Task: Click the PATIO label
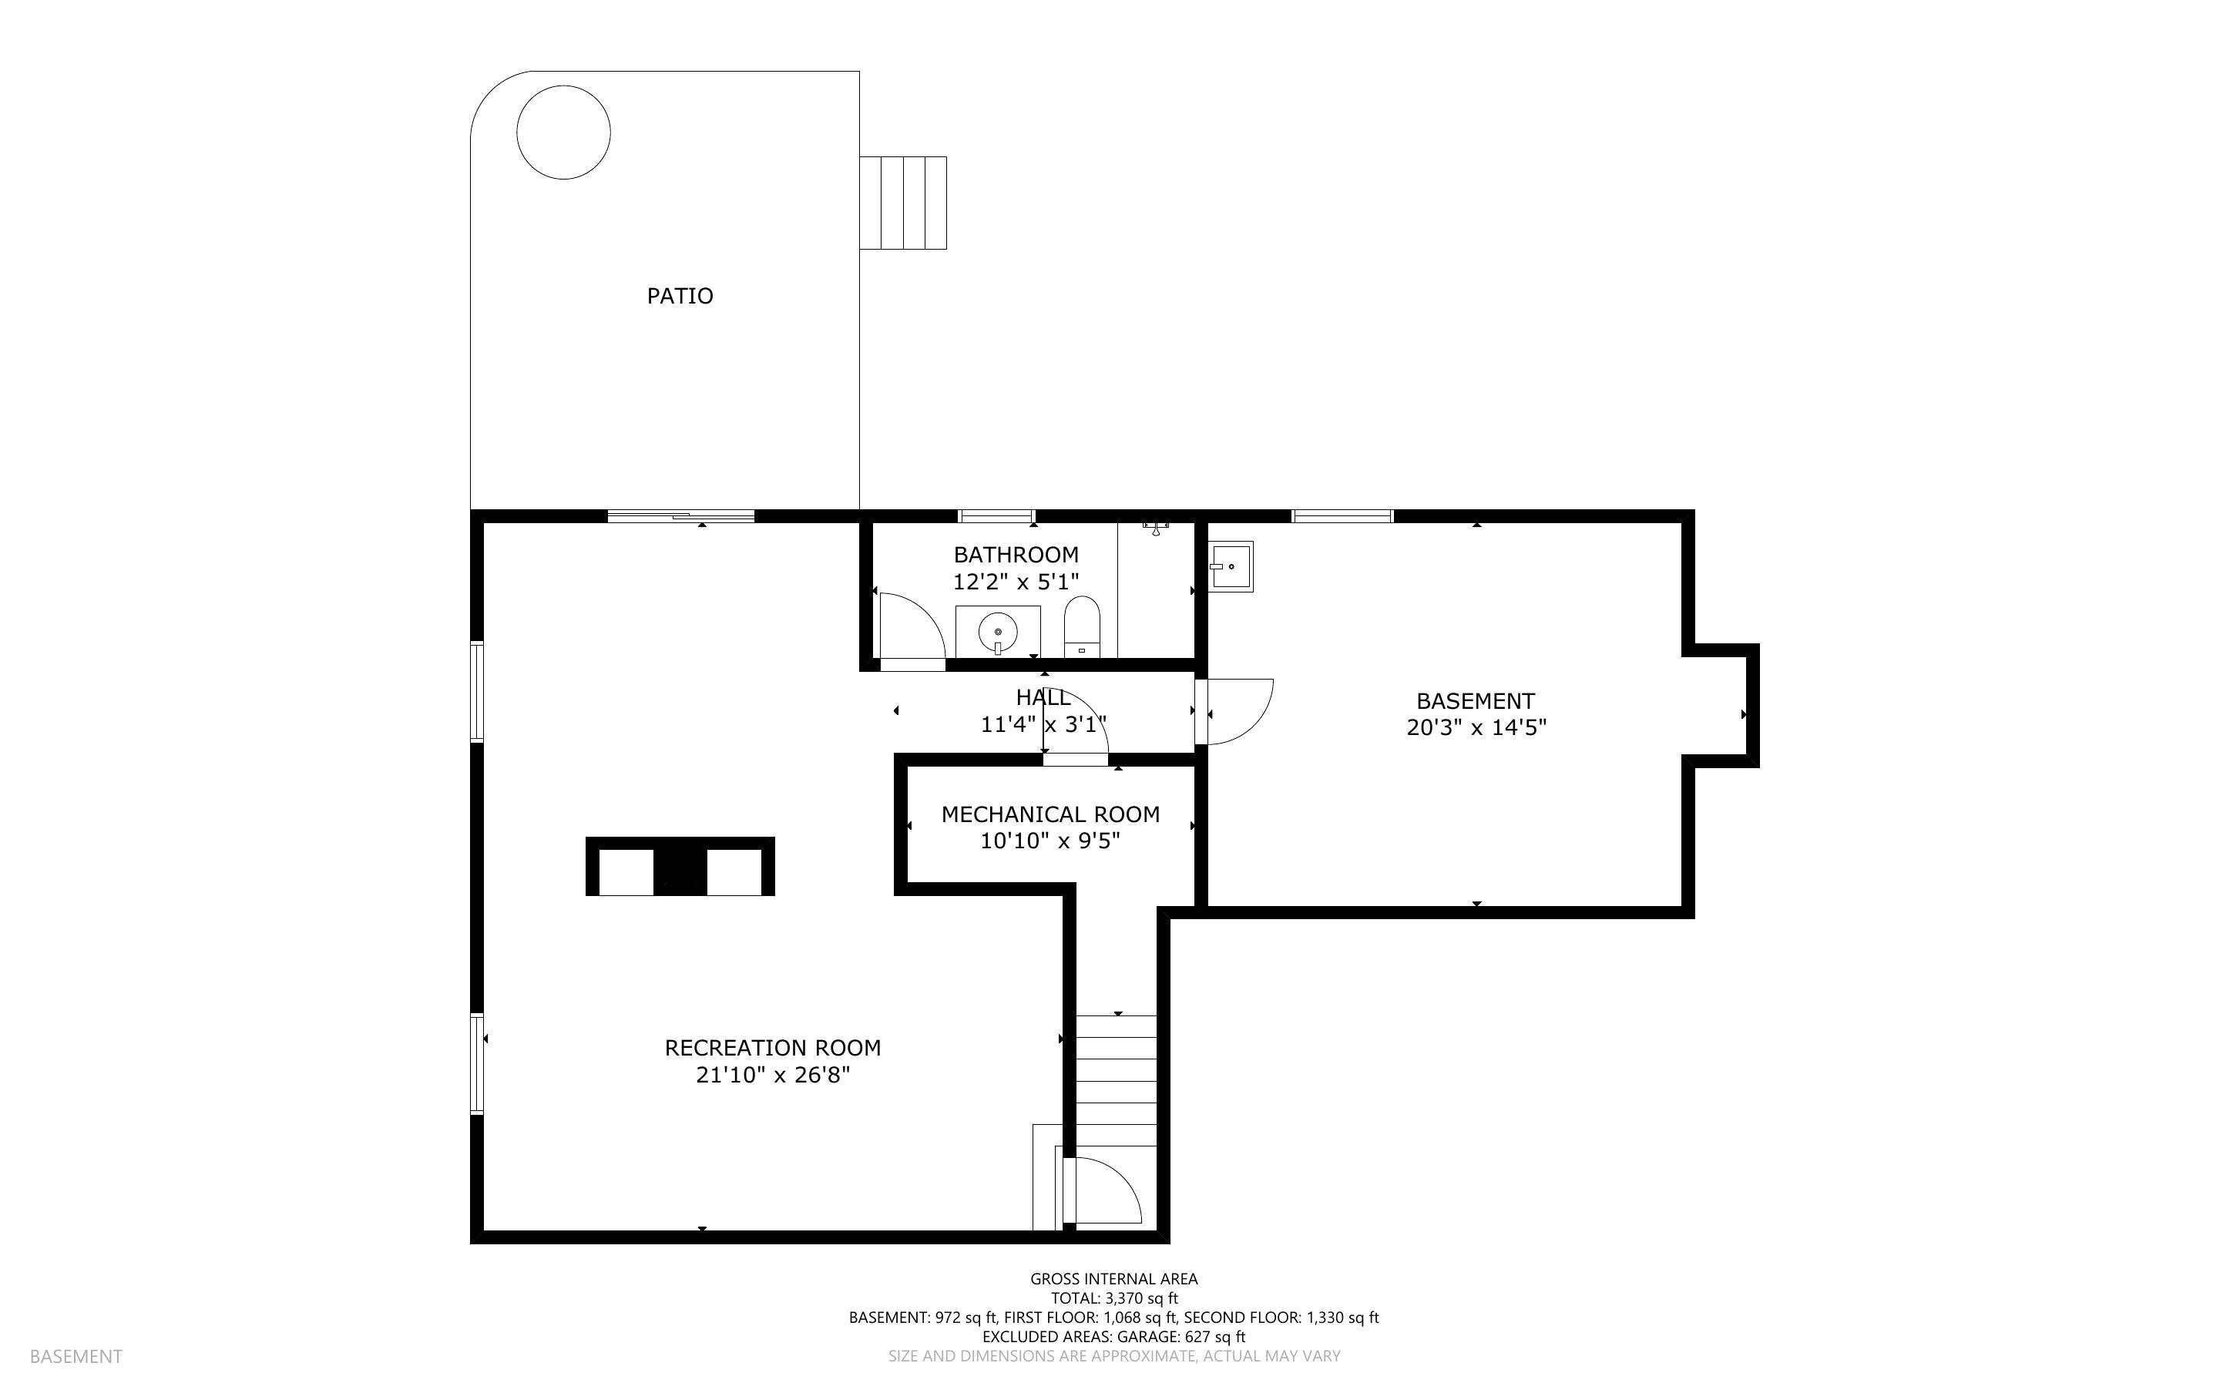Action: coord(680,296)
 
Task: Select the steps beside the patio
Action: coord(902,203)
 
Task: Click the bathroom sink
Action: coord(998,632)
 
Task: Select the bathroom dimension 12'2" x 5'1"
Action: coord(1015,582)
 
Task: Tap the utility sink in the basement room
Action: coord(1231,566)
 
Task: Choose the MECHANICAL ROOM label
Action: coord(1050,814)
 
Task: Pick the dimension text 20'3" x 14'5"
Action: coord(1476,728)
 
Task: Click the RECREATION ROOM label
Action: coord(773,1048)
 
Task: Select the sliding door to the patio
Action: coord(680,516)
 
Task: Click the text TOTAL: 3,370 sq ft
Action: coord(1113,1298)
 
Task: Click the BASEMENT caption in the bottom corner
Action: coord(76,1356)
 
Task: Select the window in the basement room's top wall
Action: coord(1342,516)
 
